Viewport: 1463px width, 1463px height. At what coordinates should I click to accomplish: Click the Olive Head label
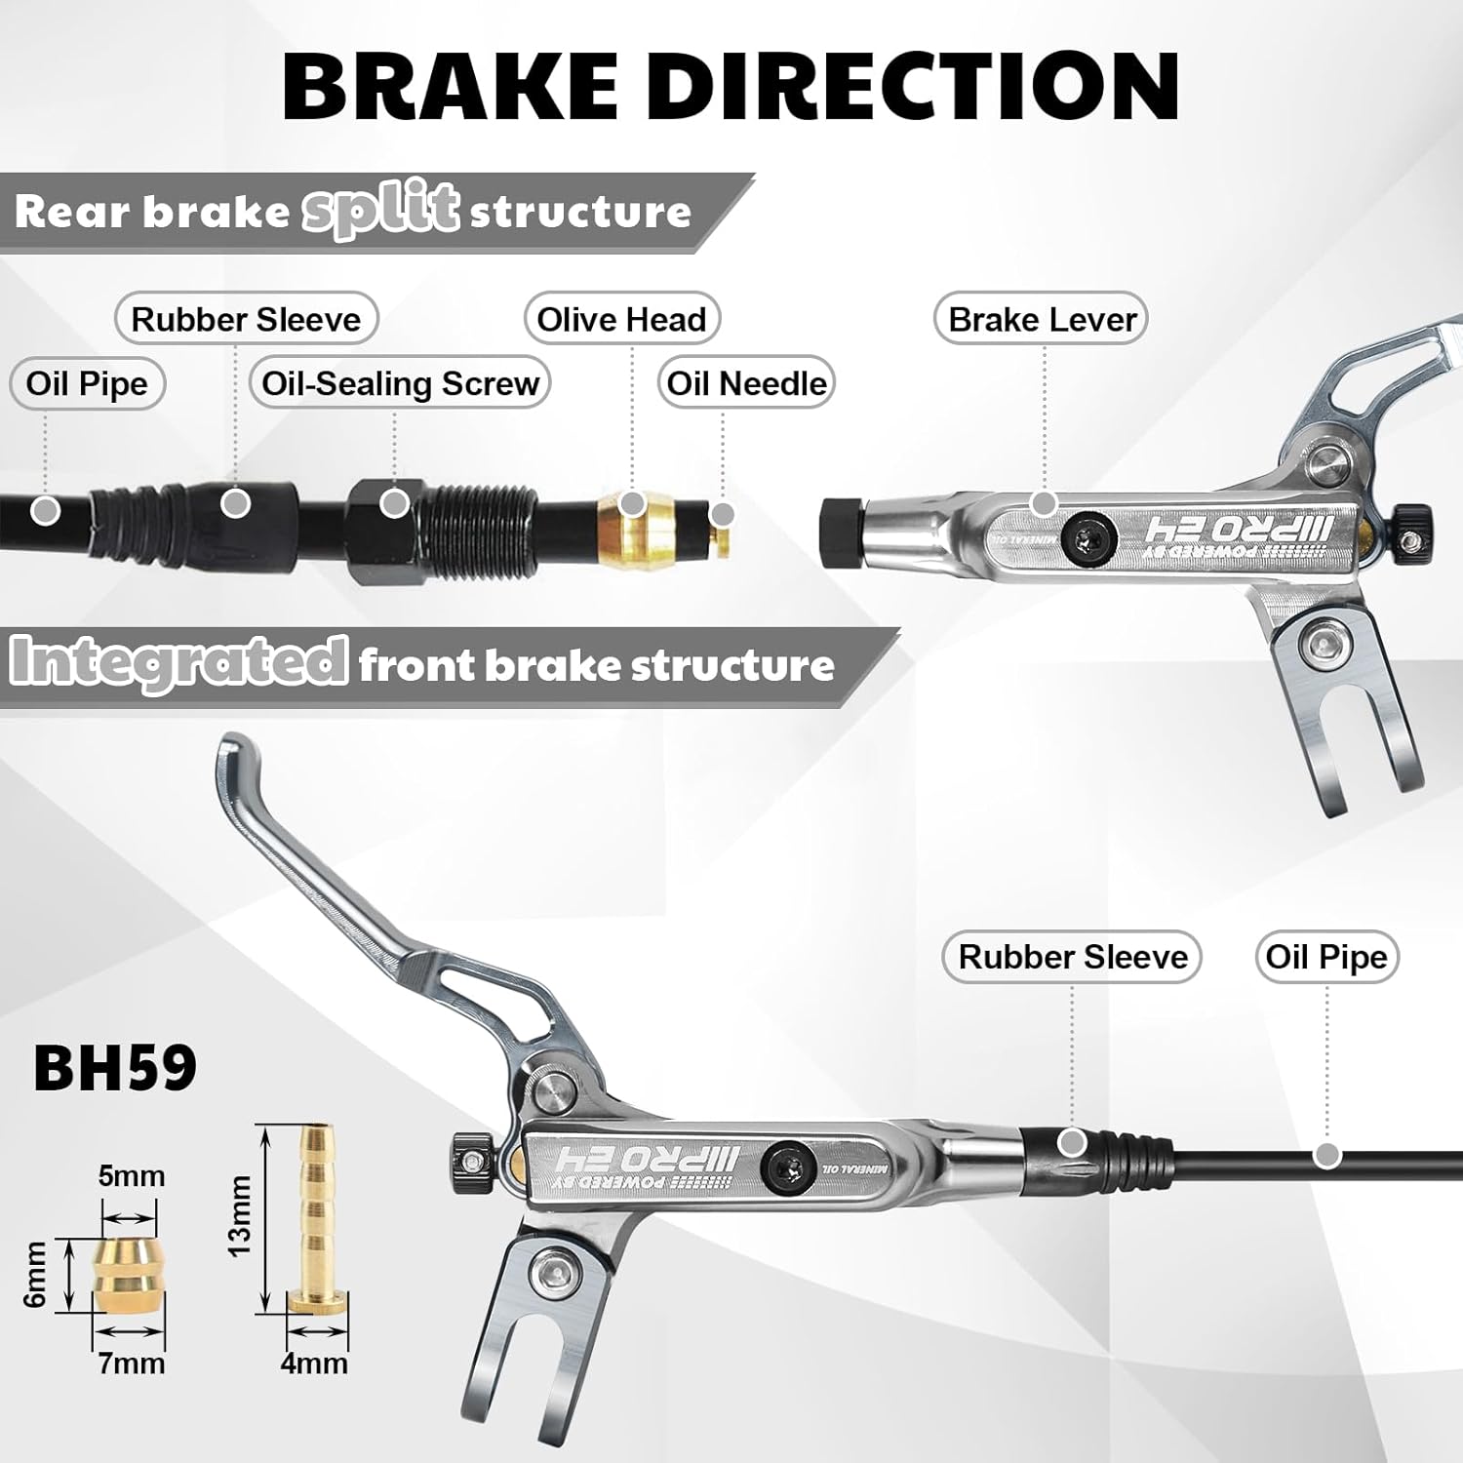coord(621,319)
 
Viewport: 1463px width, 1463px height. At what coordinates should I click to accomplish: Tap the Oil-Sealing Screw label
coord(400,382)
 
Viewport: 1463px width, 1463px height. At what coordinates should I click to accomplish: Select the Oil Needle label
coord(746,382)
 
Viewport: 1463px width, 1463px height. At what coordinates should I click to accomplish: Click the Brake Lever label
coord(1042,319)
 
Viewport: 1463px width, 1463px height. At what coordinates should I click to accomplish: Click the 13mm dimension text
coord(239,1215)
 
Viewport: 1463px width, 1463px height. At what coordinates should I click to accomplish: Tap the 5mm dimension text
coord(131,1176)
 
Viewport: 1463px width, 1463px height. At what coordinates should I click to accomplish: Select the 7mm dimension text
coord(131,1363)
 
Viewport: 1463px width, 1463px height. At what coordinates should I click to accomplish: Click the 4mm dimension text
coord(314,1363)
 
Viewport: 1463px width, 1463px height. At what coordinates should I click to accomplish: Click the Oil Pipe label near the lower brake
coord(1325,957)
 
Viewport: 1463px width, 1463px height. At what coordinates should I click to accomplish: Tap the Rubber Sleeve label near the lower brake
coord(1072,957)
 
